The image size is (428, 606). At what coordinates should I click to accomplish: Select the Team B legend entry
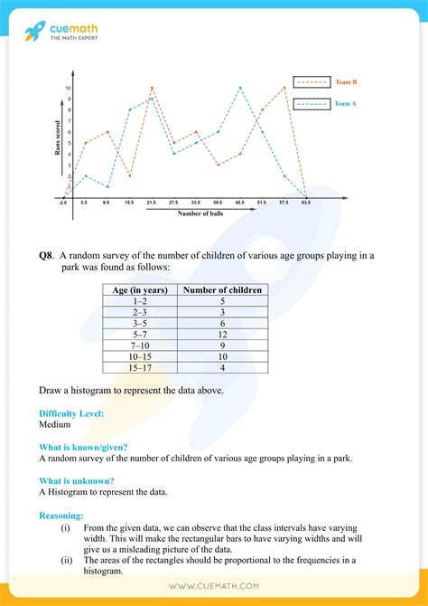(x=323, y=82)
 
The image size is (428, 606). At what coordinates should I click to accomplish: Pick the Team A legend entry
(x=323, y=104)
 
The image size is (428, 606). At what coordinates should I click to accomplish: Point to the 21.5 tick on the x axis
(x=152, y=203)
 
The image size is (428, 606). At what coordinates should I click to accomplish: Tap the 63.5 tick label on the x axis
(x=306, y=203)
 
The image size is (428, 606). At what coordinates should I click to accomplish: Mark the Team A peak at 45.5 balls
(x=240, y=88)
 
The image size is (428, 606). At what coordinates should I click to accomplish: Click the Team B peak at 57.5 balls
(x=284, y=88)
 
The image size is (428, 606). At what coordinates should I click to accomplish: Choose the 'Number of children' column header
(x=222, y=290)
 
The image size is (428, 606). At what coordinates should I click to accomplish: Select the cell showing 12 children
(x=222, y=335)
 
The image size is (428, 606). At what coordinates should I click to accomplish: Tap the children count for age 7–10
(x=222, y=346)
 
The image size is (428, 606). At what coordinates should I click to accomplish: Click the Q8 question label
(x=45, y=256)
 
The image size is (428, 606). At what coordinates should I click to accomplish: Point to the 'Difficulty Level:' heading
(x=71, y=412)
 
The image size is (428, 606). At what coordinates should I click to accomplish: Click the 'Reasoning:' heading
(x=61, y=514)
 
